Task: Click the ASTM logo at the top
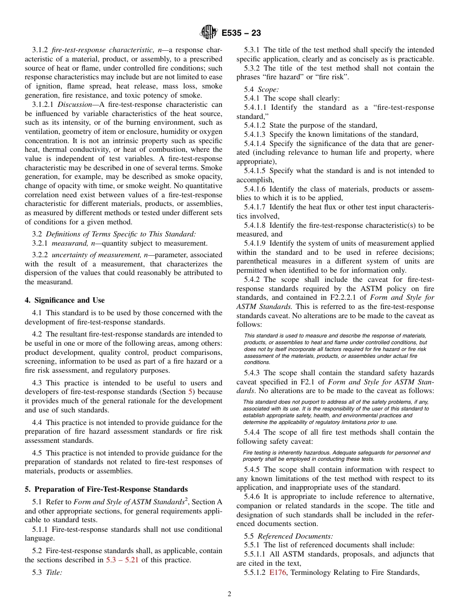click(x=209, y=33)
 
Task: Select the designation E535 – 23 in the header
click(x=241, y=33)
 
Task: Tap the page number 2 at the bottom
click(x=229, y=594)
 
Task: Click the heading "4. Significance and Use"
click(x=64, y=300)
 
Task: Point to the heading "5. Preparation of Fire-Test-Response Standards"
click(x=106, y=489)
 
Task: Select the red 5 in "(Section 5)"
click(x=191, y=392)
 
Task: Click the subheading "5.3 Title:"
click(x=47, y=572)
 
